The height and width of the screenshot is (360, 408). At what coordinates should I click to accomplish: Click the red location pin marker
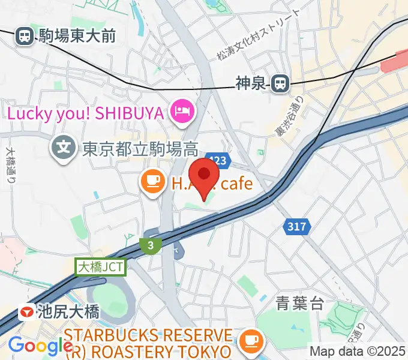click(x=207, y=176)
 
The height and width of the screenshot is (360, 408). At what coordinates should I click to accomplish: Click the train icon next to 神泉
click(x=279, y=84)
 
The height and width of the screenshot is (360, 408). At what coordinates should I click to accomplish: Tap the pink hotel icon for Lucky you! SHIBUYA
click(x=180, y=111)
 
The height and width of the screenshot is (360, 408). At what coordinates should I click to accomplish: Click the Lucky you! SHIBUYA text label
click(x=86, y=112)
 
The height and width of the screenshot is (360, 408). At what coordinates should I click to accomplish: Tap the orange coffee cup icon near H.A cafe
click(x=152, y=181)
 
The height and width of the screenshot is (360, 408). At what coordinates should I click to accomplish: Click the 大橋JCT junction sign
click(x=101, y=266)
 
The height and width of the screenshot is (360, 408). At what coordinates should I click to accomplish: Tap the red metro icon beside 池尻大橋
click(x=26, y=312)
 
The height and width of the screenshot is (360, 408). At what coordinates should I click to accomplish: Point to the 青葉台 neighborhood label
click(x=299, y=303)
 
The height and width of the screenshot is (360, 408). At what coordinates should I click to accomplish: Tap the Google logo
click(x=40, y=346)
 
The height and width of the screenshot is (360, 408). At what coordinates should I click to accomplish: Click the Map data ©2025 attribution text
click(x=358, y=350)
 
